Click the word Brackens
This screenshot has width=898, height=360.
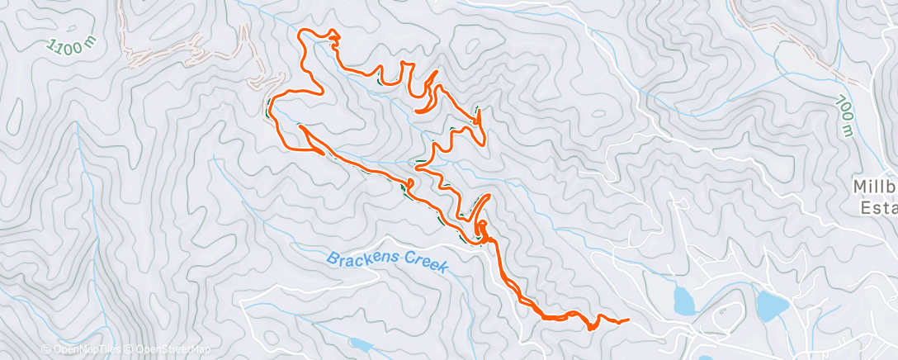coord(363,258)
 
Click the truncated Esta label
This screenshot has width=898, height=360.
coord(880,207)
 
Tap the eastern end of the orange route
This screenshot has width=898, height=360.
coord(628,320)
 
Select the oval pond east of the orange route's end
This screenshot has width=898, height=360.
coord(684,301)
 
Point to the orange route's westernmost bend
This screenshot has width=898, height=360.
coord(270,110)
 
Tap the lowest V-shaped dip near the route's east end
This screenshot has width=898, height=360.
coord(591,328)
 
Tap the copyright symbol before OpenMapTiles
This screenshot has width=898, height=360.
coord(45,350)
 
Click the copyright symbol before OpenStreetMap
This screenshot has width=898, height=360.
coord(128,350)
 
